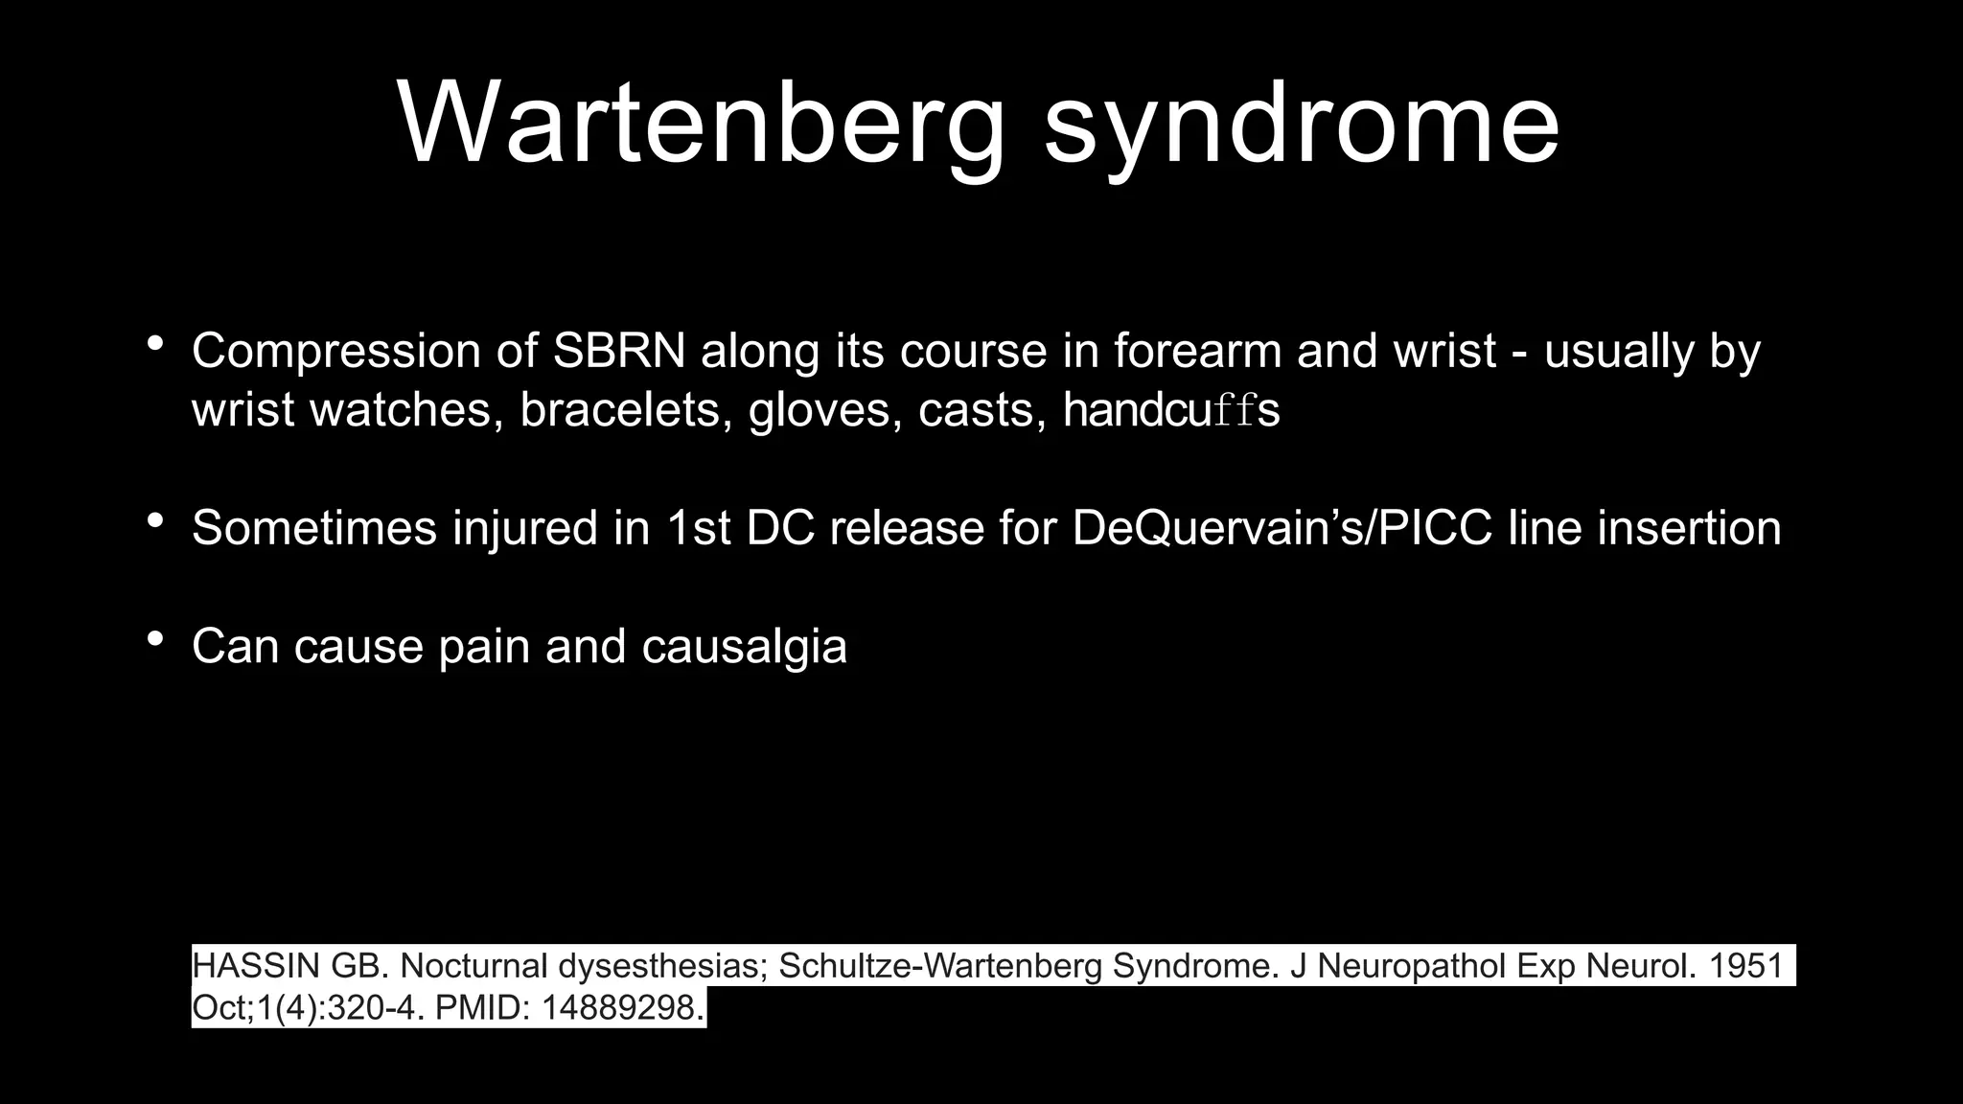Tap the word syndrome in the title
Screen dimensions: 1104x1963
pos(1302,124)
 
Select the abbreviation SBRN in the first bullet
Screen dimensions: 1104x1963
pos(619,351)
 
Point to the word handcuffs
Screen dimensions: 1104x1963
pos(1171,410)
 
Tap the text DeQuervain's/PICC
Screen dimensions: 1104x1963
pos(1282,528)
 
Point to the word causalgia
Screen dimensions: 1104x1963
pos(744,647)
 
